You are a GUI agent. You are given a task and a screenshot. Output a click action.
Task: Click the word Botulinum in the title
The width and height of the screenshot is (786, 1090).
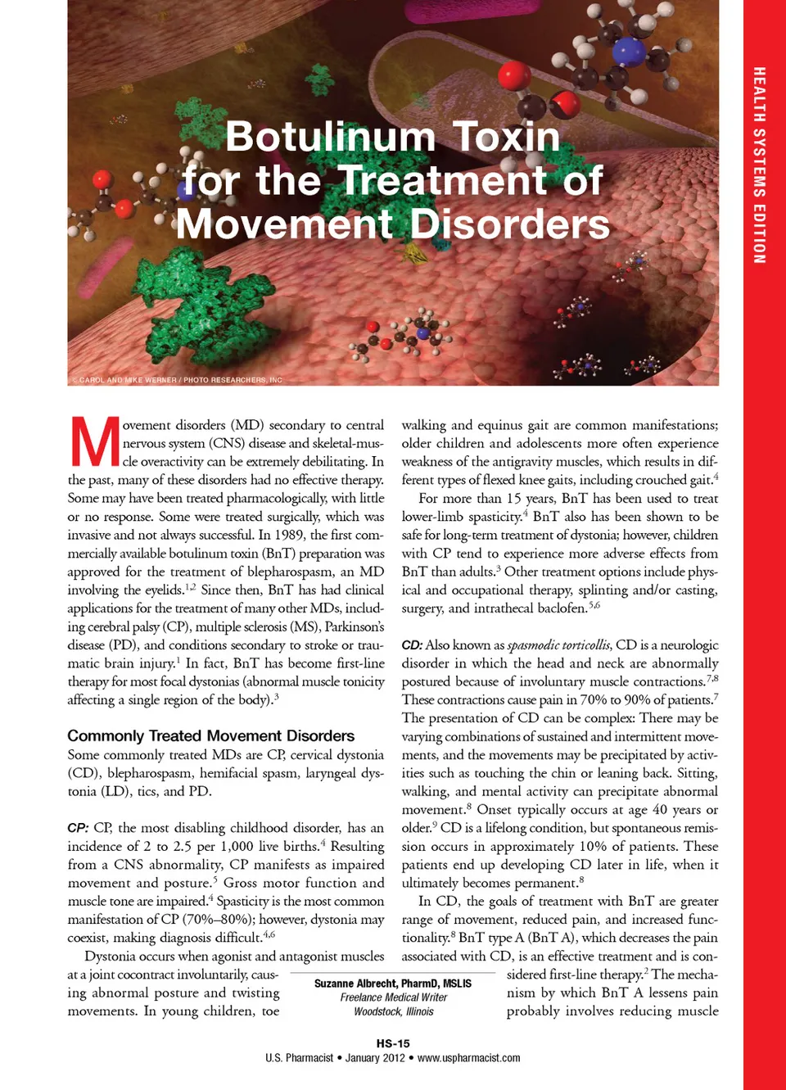coord(330,137)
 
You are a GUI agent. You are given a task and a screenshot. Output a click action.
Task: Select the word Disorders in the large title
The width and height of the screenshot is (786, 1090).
coord(509,224)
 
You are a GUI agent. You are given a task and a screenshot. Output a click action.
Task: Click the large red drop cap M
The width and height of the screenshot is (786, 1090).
coord(95,442)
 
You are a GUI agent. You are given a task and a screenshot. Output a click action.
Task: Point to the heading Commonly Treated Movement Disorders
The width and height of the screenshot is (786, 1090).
coord(211,736)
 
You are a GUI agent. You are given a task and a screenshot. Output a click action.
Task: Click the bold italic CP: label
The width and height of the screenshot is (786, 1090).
coord(78,828)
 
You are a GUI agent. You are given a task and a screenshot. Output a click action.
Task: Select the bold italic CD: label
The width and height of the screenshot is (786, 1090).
coord(412,645)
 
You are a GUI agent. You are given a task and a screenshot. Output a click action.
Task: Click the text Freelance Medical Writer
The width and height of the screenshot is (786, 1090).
coord(393,997)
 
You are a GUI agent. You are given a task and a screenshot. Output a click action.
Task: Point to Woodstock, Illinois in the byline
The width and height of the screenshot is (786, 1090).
coord(393,1011)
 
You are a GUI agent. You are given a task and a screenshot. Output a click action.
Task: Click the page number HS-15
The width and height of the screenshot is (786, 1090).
coord(393,1043)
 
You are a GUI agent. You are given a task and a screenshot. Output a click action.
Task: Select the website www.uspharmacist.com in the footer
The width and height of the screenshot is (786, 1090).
coord(468,1058)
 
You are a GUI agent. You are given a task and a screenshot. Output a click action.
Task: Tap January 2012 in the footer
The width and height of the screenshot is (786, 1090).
coord(375,1058)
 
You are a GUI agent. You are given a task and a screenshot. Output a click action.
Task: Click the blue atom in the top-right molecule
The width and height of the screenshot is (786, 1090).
coord(628,51)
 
